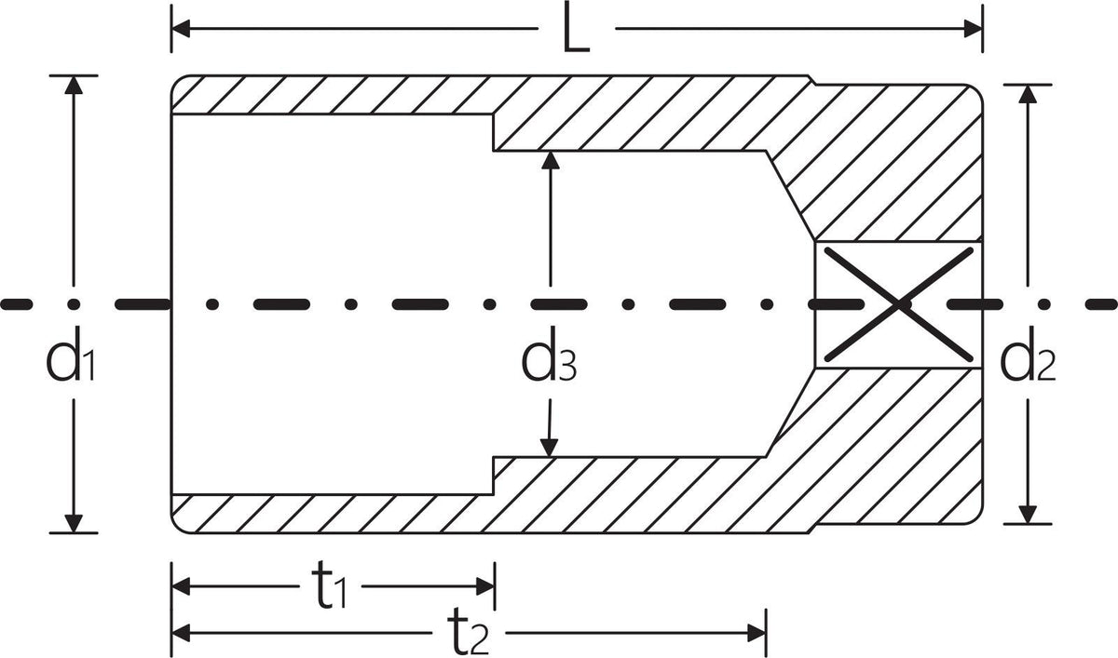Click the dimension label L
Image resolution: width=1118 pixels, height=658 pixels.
tap(577, 29)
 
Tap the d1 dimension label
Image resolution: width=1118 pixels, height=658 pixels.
tap(71, 356)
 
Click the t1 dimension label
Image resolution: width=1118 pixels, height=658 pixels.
tap(330, 585)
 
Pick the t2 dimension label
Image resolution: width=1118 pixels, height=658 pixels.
tap(468, 632)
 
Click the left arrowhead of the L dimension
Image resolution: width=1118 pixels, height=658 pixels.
tap(181, 29)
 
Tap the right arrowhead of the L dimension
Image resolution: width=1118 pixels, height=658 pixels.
tap(974, 29)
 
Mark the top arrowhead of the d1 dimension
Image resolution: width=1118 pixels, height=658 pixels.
tap(74, 85)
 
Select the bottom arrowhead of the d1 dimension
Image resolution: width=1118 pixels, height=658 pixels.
tap(74, 523)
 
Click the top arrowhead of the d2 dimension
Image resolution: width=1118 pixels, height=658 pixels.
tap(1028, 94)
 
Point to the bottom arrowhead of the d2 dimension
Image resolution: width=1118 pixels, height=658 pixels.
tap(1028, 515)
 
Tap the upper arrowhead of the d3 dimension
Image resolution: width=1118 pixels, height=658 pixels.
tap(551, 160)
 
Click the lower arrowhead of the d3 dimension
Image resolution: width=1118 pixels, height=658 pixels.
tap(549, 448)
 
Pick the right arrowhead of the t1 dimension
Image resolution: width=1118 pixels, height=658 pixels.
tap(485, 586)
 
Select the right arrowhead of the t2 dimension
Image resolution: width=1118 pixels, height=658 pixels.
tap(757, 633)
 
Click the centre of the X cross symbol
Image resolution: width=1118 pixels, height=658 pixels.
tap(898, 304)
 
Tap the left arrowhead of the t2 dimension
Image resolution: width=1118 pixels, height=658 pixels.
tap(181, 633)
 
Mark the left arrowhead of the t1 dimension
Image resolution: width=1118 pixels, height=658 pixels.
tap(181, 586)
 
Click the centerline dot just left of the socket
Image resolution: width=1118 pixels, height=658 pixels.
tap(74, 304)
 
